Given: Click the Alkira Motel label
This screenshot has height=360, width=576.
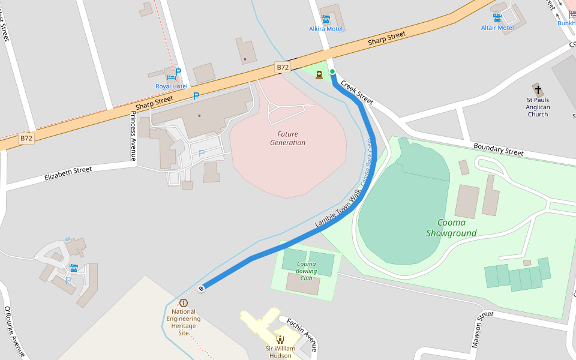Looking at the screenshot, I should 325,29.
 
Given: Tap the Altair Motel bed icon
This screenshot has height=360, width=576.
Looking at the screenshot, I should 497,18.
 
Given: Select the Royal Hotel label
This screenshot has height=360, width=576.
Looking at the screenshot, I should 172,86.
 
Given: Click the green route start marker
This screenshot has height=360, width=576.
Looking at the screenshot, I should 332,72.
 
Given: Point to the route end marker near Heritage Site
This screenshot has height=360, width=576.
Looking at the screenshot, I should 202,289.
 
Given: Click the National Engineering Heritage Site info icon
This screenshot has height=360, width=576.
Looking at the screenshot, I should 184,303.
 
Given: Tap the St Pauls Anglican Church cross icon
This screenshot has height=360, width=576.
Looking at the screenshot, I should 538,89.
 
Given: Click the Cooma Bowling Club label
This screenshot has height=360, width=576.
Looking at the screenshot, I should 306,271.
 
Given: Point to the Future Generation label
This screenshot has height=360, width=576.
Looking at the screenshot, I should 287,139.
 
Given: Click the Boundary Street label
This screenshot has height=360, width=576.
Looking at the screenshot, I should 498,149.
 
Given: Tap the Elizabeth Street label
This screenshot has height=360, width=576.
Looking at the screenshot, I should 68,174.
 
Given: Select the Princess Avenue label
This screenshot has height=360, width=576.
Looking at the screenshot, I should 133,136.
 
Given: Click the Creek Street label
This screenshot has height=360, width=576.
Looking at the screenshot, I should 357,91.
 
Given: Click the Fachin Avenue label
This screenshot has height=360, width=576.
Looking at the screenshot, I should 302,334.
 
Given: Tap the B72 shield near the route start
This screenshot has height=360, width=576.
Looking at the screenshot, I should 283,67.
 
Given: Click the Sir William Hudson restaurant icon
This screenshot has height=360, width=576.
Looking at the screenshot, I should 280,339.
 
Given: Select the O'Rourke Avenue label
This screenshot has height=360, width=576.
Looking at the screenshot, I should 13,332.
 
